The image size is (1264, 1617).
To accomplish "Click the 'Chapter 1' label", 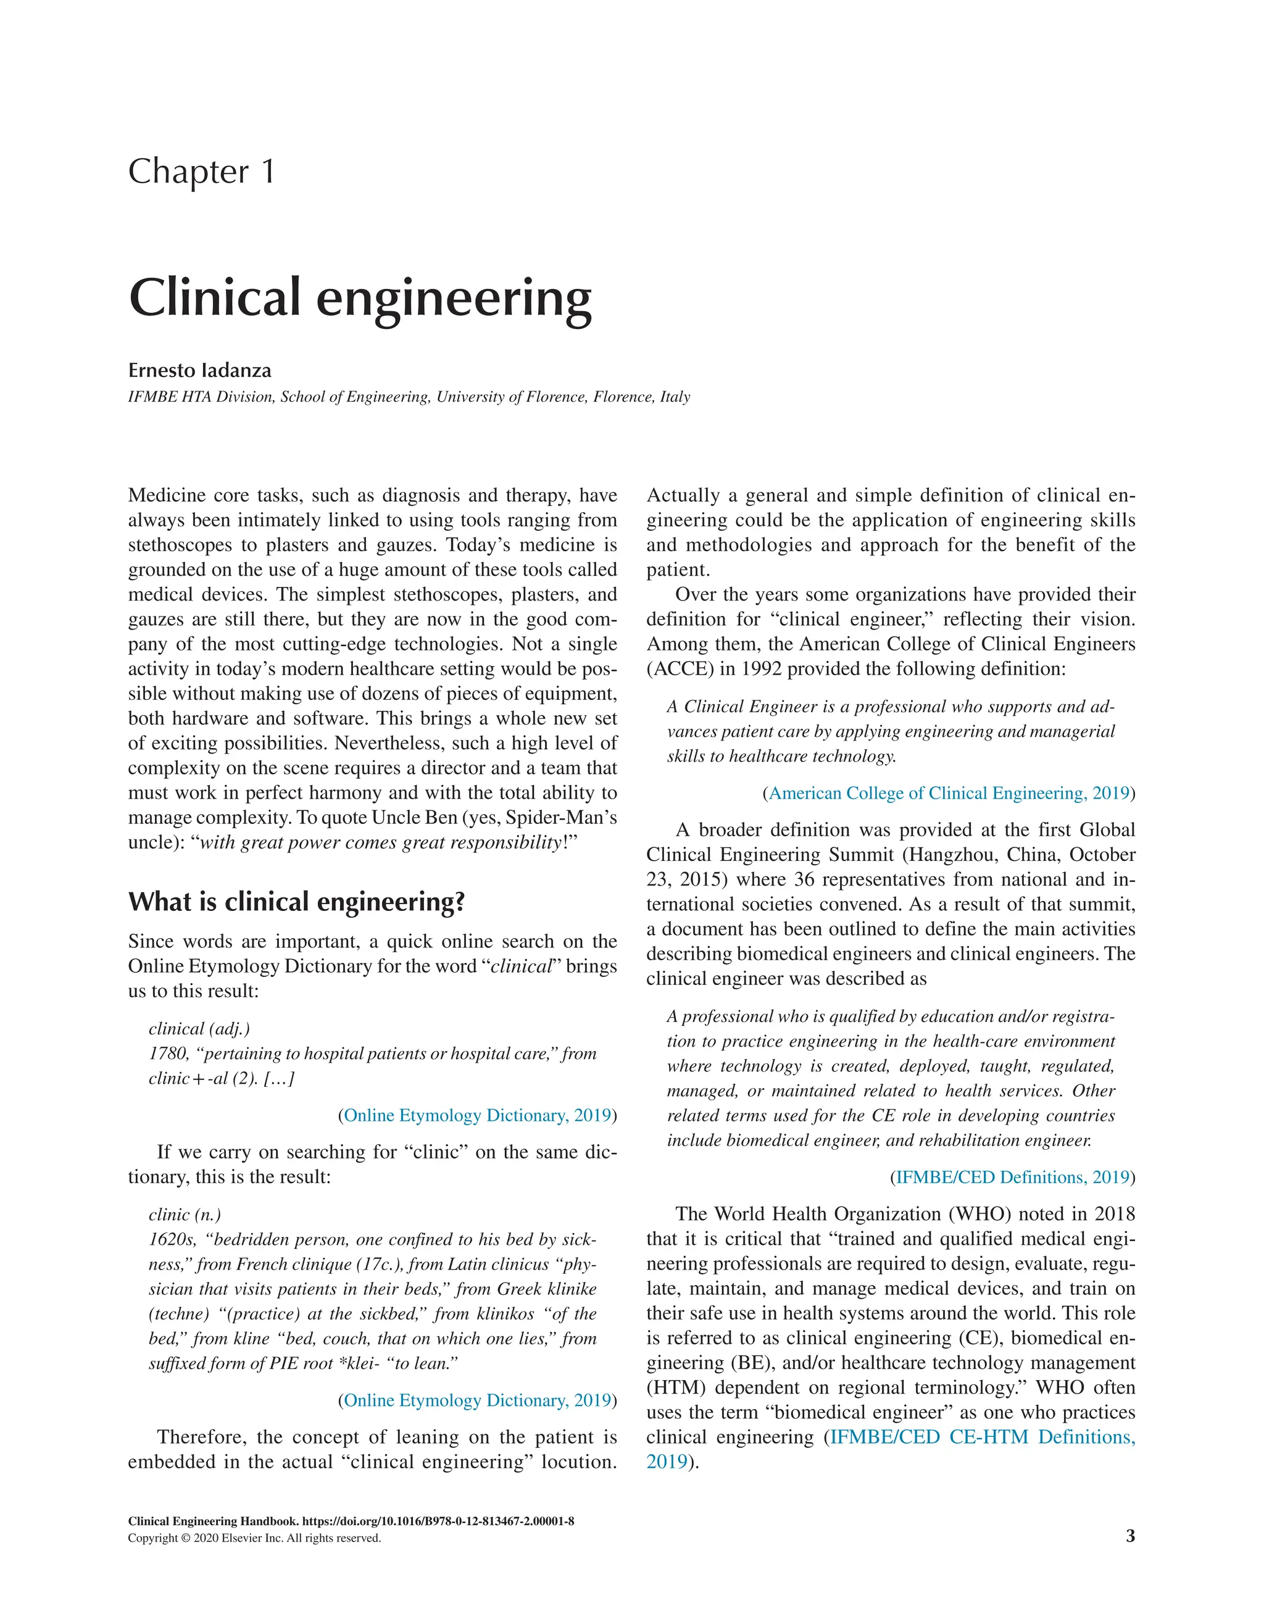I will pos(201,172).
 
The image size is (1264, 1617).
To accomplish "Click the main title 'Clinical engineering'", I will pos(360,297).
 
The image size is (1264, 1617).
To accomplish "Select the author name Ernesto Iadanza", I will pos(199,370).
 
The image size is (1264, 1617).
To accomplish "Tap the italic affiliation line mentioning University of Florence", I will pos(409,397).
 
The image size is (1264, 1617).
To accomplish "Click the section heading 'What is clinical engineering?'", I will pos(296,902).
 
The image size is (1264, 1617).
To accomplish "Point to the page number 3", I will pos(1130,1536).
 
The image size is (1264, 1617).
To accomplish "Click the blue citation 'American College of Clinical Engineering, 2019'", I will pos(949,793).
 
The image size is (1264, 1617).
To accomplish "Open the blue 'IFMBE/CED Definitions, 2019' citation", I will pos(1012,1177).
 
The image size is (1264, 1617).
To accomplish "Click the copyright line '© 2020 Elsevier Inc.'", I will pos(254,1539).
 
